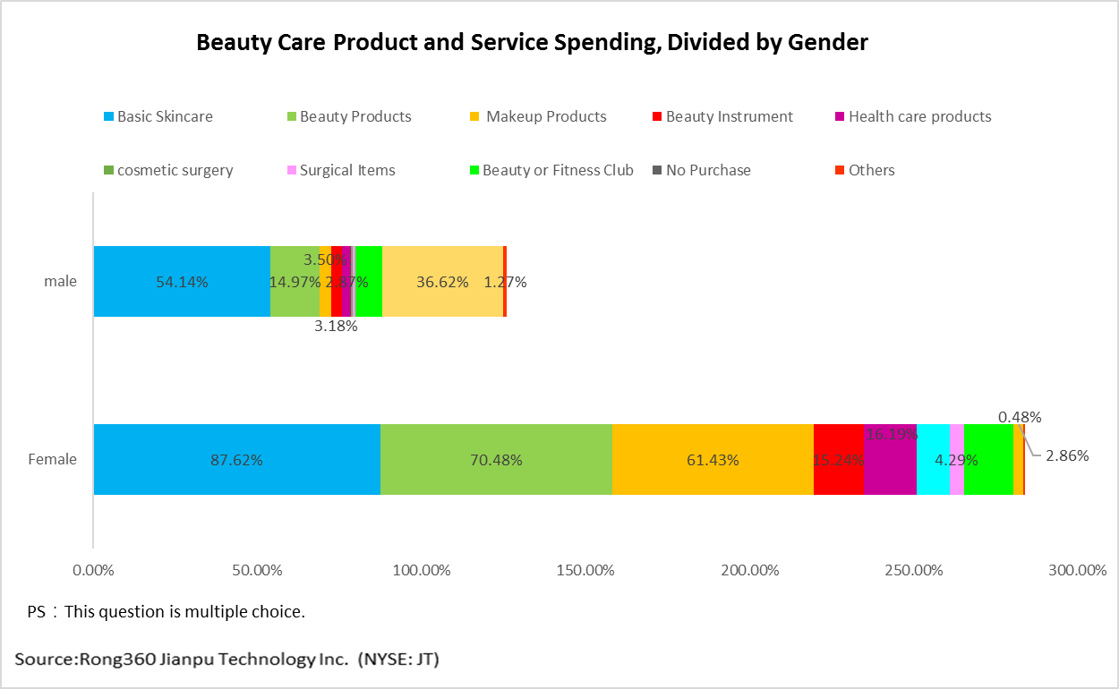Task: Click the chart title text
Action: [532, 42]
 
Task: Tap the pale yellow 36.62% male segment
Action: [442, 281]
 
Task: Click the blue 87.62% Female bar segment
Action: [237, 459]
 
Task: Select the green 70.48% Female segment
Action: [496, 459]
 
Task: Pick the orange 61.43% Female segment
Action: [713, 459]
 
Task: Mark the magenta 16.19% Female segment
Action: [890, 459]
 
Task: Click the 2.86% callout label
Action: [1066, 455]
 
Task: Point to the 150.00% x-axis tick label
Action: [585, 570]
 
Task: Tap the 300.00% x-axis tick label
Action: [1077, 570]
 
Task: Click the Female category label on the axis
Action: [53, 459]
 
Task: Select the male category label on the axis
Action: [61, 281]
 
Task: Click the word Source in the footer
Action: [45, 659]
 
